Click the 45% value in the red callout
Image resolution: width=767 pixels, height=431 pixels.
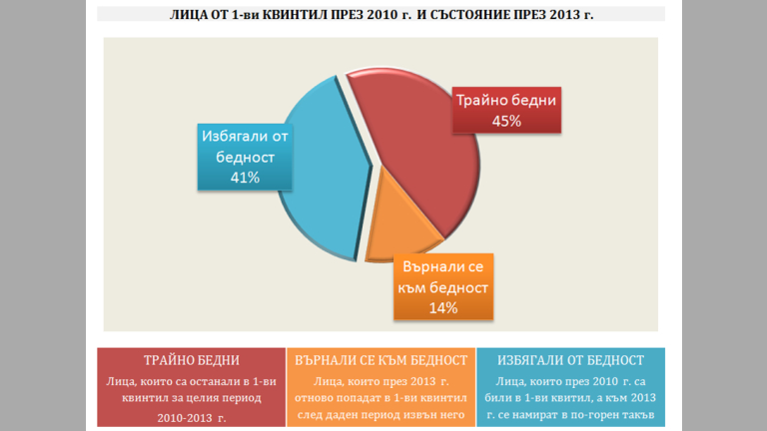[506, 121]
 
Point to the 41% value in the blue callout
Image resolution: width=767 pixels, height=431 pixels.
[245, 177]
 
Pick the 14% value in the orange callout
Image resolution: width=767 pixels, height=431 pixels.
[443, 307]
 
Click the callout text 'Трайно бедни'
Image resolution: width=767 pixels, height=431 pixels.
[506, 101]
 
